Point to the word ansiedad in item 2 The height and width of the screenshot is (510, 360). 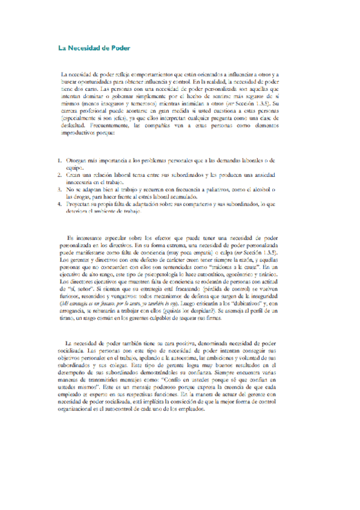pos(262,174)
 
